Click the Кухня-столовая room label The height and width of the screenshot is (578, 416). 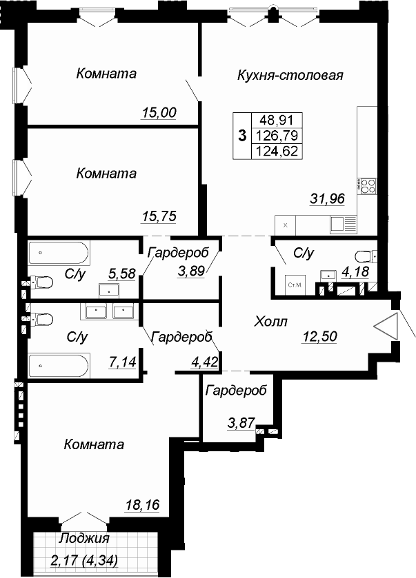(290, 75)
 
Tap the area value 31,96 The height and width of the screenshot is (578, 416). (327, 198)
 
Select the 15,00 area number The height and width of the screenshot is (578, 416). (159, 112)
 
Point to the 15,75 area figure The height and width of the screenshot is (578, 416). (159, 216)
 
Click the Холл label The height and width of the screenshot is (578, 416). (271, 322)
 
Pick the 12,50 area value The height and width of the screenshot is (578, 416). (319, 336)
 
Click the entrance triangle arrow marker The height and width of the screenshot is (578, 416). (386, 327)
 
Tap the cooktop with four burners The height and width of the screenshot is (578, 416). (367, 186)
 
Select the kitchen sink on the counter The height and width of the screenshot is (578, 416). (344, 224)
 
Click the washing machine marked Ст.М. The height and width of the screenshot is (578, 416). (295, 285)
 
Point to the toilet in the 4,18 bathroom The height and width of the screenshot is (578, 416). (366, 256)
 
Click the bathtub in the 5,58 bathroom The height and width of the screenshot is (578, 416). (59, 253)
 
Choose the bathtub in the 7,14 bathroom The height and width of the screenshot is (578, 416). (59, 366)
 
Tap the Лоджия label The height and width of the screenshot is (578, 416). (85, 538)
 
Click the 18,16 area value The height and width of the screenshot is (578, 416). (142, 505)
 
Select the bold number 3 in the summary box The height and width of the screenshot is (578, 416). (242, 136)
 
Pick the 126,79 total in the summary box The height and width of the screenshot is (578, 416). (277, 136)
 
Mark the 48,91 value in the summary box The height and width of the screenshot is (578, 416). (277, 120)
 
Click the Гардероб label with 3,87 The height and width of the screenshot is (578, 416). (236, 391)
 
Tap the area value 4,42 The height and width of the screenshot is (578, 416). (204, 362)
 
